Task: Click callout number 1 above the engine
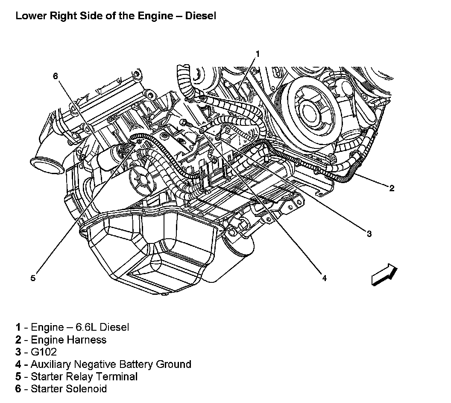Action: pyautogui.click(x=258, y=53)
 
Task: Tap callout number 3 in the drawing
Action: pyautogui.click(x=369, y=233)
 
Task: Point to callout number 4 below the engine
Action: pyautogui.click(x=324, y=278)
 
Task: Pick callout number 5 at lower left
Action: pyautogui.click(x=33, y=278)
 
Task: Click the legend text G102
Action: pyautogui.click(x=44, y=352)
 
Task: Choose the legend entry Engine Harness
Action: pyautogui.click(x=68, y=340)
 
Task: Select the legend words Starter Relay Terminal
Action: pyautogui.click(x=84, y=376)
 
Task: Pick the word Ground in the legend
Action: pyautogui.click(x=173, y=364)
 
